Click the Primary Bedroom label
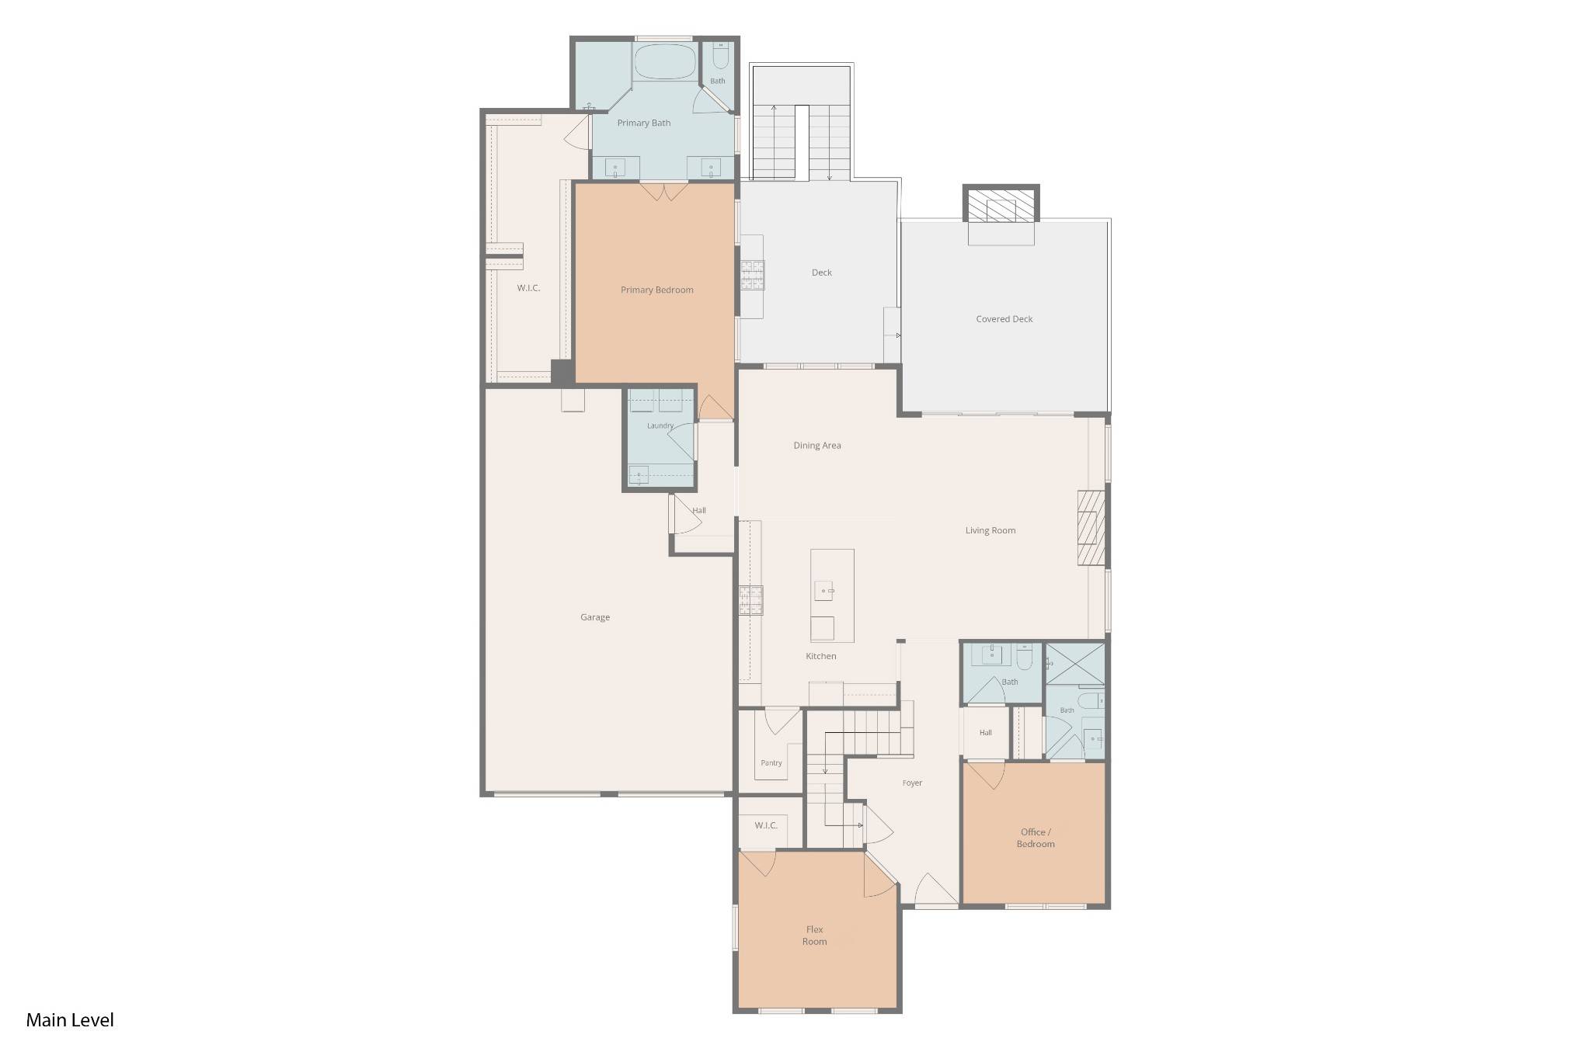pyautogui.click(x=656, y=290)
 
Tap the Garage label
pyautogui.click(x=595, y=618)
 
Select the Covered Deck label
pyautogui.click(x=1004, y=319)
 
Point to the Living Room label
pyautogui.click(x=990, y=531)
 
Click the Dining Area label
pyautogui.click(x=817, y=446)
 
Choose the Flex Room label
pyautogui.click(x=814, y=936)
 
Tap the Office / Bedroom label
pyautogui.click(x=1036, y=838)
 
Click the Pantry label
pyautogui.click(x=771, y=763)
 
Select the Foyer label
pyautogui.click(x=912, y=783)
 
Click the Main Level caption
pyautogui.click(x=70, y=1020)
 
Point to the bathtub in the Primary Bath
pyautogui.click(x=665, y=61)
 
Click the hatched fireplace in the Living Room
pyautogui.click(x=1091, y=528)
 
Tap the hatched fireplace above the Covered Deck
pyautogui.click(x=1001, y=205)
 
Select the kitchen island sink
pyautogui.click(x=823, y=591)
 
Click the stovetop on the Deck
pyautogui.click(x=752, y=275)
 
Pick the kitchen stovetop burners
pyautogui.click(x=751, y=600)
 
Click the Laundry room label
pyautogui.click(x=660, y=426)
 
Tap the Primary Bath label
pyautogui.click(x=644, y=123)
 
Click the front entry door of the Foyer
pyautogui.click(x=936, y=890)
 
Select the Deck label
pyautogui.click(x=822, y=273)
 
